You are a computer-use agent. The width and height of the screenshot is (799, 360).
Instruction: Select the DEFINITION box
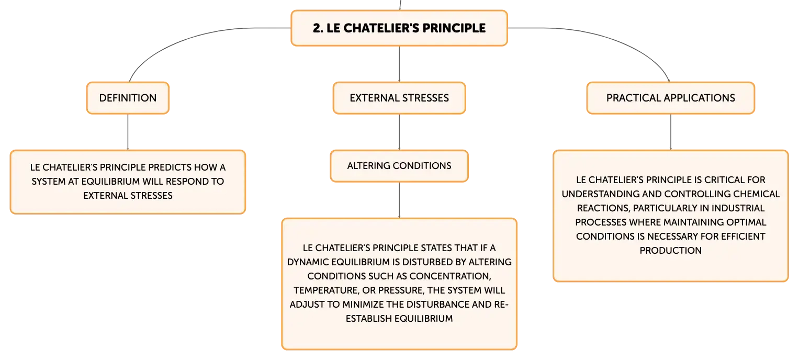128,98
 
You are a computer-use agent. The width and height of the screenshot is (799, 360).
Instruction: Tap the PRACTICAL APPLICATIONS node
671,98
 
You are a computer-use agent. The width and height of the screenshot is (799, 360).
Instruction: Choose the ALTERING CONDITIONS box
399,166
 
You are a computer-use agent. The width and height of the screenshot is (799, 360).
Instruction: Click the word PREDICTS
170,167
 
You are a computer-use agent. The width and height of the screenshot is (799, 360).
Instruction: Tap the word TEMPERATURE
327,290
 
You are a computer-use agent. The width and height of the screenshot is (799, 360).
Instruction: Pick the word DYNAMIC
308,262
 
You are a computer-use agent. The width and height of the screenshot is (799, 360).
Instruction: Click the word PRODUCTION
671,251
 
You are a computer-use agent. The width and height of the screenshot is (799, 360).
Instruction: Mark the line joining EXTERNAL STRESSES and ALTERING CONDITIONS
399,132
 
